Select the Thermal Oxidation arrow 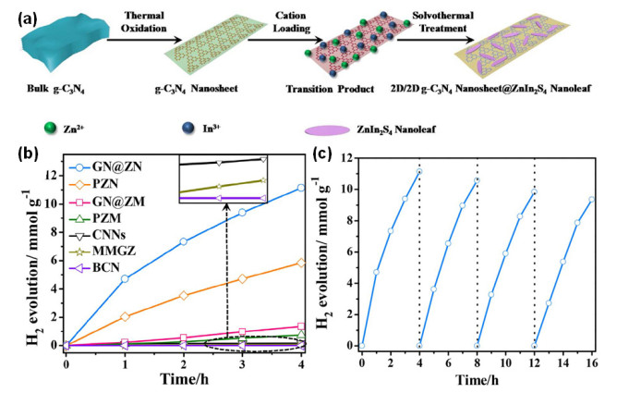tap(144, 40)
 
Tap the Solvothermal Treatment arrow tap(435, 40)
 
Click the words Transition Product tap(330, 89)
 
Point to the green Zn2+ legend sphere tap(50, 129)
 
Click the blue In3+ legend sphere tap(187, 129)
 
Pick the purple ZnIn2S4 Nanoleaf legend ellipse tap(327, 130)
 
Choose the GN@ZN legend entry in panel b tap(105, 166)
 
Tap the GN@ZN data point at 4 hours tap(301, 188)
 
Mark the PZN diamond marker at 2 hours tap(184, 296)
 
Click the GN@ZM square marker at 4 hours tap(301, 326)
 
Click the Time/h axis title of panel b tap(184, 378)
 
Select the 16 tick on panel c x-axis tap(591, 362)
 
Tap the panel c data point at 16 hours tap(591, 200)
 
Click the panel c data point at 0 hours tap(362, 346)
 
